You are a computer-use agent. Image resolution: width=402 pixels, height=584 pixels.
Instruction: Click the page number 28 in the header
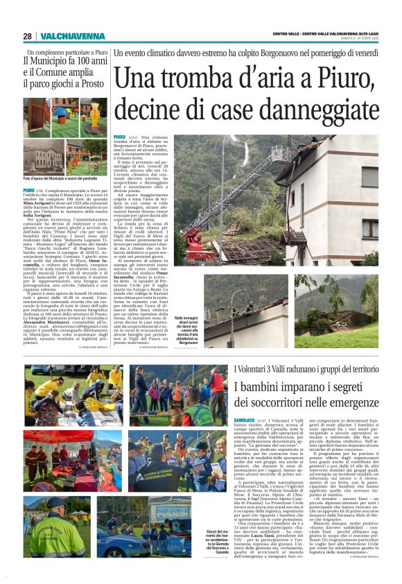28,36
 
